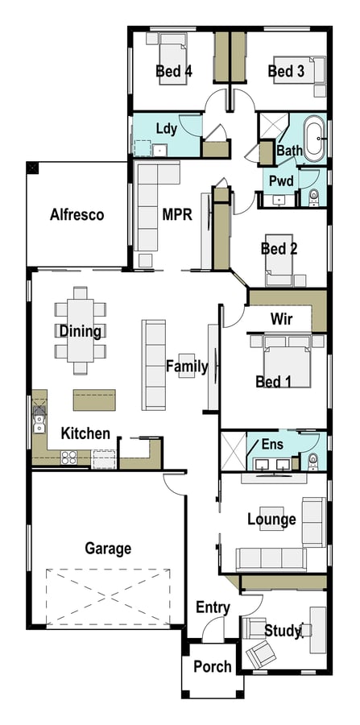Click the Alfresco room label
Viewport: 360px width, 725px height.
[x=77, y=215]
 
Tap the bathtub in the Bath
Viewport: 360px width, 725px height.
[x=314, y=139]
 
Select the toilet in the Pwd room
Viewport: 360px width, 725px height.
[x=314, y=197]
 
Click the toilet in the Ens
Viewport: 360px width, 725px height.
[x=313, y=462]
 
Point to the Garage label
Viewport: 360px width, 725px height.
[x=108, y=549]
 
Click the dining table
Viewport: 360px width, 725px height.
[x=81, y=330]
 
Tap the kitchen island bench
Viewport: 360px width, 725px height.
[x=94, y=400]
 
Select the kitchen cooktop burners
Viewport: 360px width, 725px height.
[x=68, y=458]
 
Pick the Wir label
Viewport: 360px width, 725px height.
[x=281, y=318]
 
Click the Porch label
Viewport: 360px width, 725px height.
[x=212, y=667]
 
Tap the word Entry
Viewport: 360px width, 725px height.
[x=213, y=607]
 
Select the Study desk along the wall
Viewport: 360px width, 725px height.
[x=318, y=630]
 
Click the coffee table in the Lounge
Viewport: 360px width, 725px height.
[x=271, y=518]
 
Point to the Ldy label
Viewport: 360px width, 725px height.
[x=167, y=129]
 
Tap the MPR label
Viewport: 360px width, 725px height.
[x=177, y=214]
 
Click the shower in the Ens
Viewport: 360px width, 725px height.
[x=234, y=451]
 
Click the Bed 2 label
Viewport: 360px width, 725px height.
[x=279, y=249]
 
